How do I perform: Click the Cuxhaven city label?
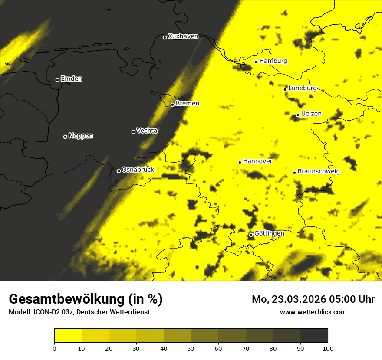183,36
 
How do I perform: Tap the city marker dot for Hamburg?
256,62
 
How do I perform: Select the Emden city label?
71,79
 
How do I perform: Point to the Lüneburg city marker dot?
285,89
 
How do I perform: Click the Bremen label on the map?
188,104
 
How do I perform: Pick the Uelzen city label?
311,114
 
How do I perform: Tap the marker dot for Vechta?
133,132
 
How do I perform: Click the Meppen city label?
81,136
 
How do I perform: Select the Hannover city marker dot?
240,162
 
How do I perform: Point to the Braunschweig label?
319,172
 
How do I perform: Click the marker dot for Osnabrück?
119,171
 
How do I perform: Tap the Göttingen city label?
269,234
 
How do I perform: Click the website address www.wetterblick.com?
313,312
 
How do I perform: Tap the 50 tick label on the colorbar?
191,348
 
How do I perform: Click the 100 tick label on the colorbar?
327,348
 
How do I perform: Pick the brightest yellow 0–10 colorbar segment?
68,335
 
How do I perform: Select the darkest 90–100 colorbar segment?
314,335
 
